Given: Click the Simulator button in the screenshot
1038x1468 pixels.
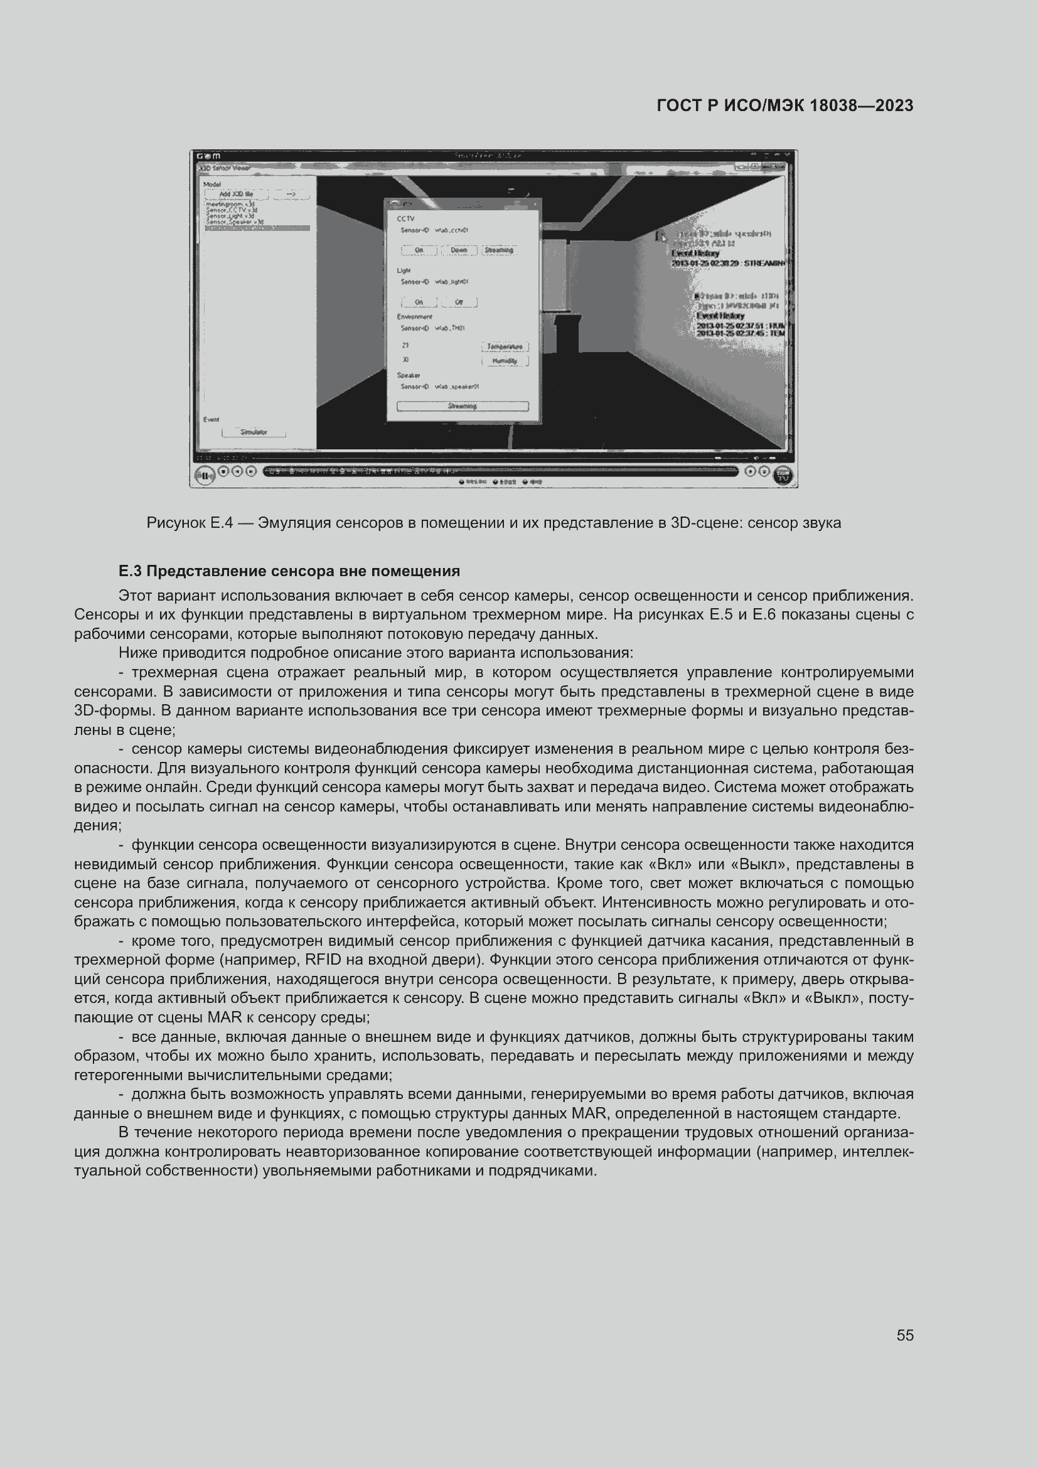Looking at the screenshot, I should [254, 432].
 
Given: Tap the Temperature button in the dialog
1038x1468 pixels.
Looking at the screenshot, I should [505, 346].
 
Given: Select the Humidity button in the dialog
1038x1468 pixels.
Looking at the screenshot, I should [505, 362].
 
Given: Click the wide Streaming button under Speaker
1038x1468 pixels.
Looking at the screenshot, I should [462, 406].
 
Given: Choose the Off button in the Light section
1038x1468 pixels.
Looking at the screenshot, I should [458, 303].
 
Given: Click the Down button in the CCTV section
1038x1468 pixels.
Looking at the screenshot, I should [458, 250].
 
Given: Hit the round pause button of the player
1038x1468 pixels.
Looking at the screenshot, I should [205, 476].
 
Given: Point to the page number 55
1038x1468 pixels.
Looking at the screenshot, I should [904, 1335].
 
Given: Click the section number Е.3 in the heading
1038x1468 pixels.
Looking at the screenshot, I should [130, 571].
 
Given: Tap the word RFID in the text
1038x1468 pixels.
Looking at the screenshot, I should [324, 960].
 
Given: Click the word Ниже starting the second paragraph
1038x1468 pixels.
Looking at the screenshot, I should [136, 653].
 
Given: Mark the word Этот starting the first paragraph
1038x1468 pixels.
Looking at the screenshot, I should [135, 596].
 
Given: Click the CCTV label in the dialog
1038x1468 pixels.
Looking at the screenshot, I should [405, 218].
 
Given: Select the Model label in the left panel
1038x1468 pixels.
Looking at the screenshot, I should [211, 184].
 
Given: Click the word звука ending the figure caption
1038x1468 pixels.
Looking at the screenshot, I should [822, 523].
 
